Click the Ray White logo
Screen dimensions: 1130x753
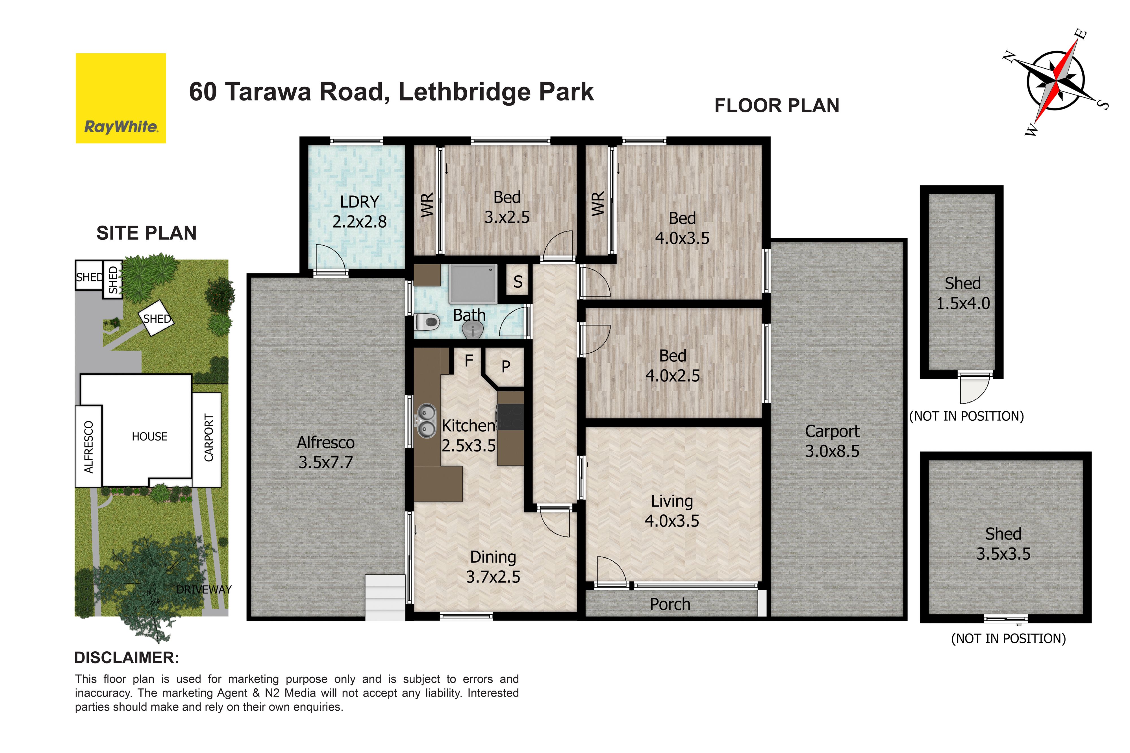click(x=121, y=98)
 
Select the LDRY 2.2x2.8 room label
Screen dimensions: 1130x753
click(x=359, y=211)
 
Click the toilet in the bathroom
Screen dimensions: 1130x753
click(x=426, y=322)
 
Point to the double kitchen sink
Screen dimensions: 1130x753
click(x=426, y=421)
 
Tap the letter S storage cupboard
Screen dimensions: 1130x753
click(x=518, y=282)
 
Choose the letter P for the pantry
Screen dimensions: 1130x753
click(x=505, y=367)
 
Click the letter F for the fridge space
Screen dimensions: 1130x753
click(x=469, y=360)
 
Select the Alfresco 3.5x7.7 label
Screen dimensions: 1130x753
click(x=326, y=452)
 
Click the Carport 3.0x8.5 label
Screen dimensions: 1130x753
click(x=832, y=441)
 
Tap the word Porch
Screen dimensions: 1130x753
click(x=670, y=604)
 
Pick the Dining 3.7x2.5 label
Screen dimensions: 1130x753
click(x=493, y=567)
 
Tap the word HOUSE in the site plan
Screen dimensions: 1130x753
click(x=149, y=436)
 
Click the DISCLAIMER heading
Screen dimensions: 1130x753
click(x=126, y=658)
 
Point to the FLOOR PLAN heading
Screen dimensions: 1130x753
click(x=777, y=106)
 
